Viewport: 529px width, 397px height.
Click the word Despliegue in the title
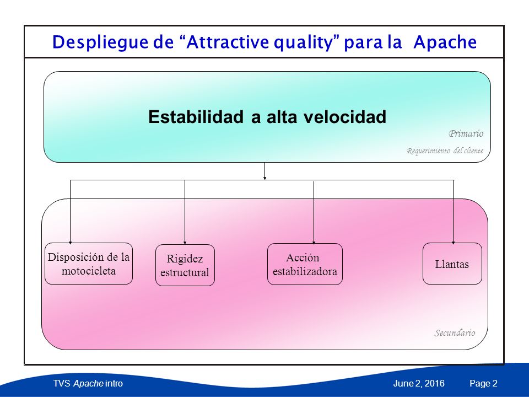point(100,43)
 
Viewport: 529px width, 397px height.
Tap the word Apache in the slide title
point(445,42)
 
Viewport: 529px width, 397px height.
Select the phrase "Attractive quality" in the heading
point(260,43)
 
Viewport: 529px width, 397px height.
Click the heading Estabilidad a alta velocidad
point(267,117)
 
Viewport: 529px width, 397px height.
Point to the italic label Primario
point(466,133)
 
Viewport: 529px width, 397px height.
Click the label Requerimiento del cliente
point(445,151)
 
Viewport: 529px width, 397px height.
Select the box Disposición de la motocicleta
point(89,264)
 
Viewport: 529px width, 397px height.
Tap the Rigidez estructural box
point(185,265)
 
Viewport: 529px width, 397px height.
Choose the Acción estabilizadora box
point(305,264)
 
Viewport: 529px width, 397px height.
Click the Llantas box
point(452,264)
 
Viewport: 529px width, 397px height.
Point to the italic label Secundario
point(455,333)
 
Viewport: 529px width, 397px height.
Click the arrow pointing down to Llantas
point(453,212)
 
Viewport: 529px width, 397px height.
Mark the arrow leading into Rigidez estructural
point(185,212)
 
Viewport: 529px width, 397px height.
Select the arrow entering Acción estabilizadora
point(314,213)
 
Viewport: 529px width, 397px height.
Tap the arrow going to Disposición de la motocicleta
point(70,212)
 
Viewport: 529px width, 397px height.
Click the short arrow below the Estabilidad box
point(264,171)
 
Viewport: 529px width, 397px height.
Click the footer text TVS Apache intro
point(88,384)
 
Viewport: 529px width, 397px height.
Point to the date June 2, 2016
point(419,384)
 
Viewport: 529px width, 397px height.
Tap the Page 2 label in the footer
point(483,384)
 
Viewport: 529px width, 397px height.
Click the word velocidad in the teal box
point(345,117)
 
